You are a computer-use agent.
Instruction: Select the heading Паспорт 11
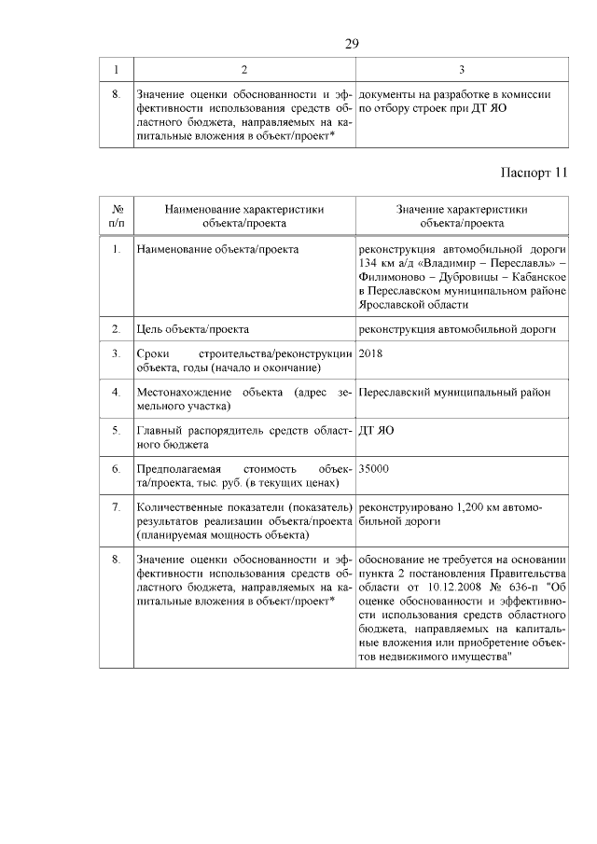tap(534, 173)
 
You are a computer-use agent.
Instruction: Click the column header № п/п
tap(118, 216)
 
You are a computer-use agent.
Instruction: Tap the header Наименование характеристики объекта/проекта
tap(244, 216)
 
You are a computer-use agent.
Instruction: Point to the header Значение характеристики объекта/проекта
tap(461, 216)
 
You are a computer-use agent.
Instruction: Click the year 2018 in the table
tap(370, 354)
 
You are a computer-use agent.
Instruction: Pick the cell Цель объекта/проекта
tap(192, 329)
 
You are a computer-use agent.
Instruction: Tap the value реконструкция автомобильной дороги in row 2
tap(457, 329)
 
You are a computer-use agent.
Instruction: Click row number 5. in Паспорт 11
tap(116, 431)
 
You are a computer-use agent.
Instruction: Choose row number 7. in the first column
tap(116, 507)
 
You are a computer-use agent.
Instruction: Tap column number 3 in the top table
tap(461, 70)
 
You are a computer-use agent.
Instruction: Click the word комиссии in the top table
tap(529, 94)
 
